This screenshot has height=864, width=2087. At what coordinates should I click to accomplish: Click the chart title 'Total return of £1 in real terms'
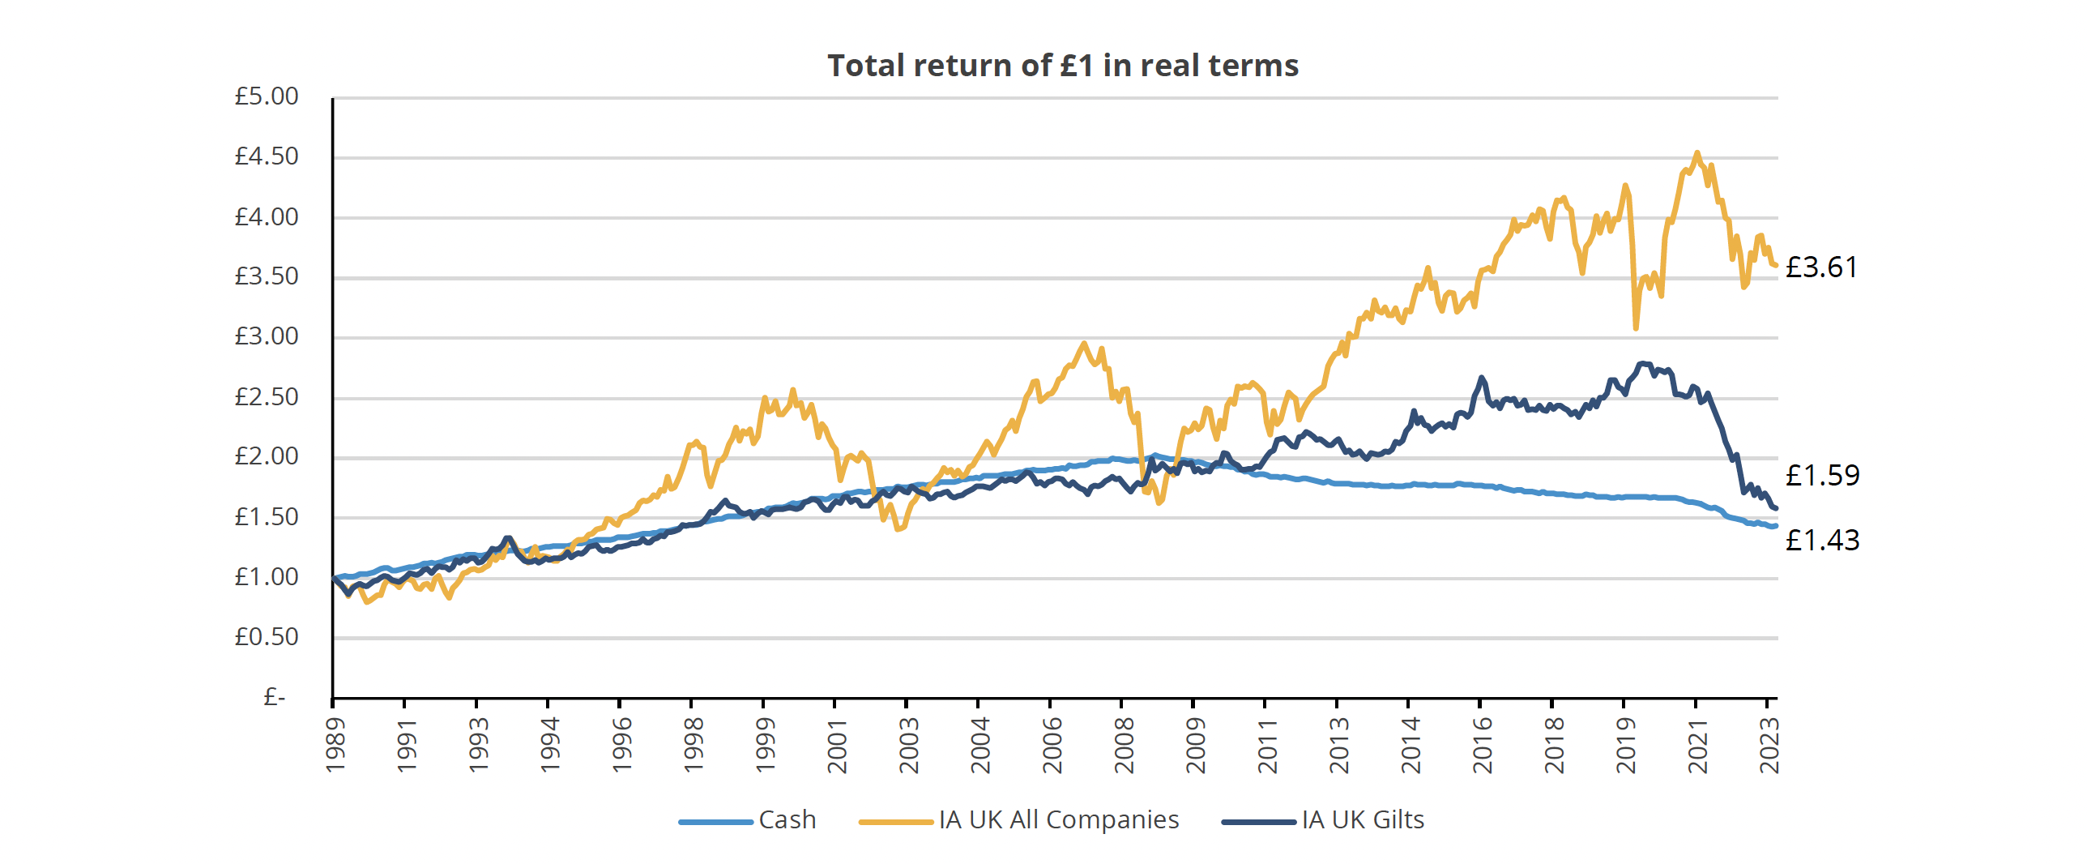(x=1062, y=66)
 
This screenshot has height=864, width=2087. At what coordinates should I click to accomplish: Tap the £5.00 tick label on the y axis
(x=267, y=96)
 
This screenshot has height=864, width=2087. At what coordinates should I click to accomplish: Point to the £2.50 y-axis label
(x=267, y=397)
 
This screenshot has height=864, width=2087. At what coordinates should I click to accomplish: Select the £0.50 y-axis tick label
(x=267, y=637)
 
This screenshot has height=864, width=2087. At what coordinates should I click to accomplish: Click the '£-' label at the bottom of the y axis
(x=275, y=697)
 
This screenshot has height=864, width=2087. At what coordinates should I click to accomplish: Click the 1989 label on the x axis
(x=335, y=744)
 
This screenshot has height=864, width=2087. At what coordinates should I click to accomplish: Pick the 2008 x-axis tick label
(x=1124, y=744)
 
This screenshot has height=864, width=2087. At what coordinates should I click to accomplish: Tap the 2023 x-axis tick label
(x=1769, y=744)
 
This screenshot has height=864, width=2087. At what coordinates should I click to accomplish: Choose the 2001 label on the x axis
(x=837, y=744)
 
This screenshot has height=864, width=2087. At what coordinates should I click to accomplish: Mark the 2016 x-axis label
(x=1482, y=744)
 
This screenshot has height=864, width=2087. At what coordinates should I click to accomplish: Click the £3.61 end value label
(x=1821, y=267)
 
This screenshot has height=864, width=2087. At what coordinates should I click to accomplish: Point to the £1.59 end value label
(x=1822, y=476)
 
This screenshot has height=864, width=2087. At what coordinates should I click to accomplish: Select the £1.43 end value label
(x=1822, y=541)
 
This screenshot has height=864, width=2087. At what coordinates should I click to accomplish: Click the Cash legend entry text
(x=787, y=820)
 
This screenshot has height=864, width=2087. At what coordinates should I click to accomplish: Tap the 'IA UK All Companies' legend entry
(x=1058, y=820)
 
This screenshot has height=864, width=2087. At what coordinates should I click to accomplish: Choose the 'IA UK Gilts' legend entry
(x=1363, y=820)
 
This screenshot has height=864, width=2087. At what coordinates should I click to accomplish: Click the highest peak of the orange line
(x=1696, y=153)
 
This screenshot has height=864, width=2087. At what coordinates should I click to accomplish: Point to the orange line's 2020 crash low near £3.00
(x=1636, y=327)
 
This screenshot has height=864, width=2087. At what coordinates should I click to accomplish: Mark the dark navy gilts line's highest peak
(x=1643, y=364)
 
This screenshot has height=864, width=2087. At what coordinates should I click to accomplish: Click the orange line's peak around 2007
(x=1084, y=344)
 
